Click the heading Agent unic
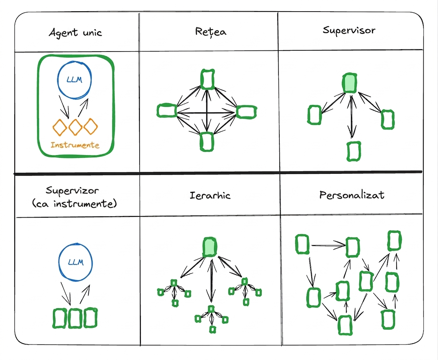[75, 33]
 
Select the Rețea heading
[211, 31]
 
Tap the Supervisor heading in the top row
[349, 30]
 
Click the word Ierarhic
[210, 195]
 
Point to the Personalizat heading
[352, 195]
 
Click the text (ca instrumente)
[74, 204]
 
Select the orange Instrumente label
[75, 145]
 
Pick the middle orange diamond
[75, 127]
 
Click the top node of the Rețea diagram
[208, 79]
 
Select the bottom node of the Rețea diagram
[207, 142]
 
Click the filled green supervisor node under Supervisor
[350, 83]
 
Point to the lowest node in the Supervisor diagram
[354, 151]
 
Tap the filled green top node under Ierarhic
[210, 247]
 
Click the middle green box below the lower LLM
[75, 318]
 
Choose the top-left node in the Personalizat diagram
[302, 244]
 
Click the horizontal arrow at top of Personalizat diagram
[329, 245]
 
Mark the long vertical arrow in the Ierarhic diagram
[211, 280]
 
